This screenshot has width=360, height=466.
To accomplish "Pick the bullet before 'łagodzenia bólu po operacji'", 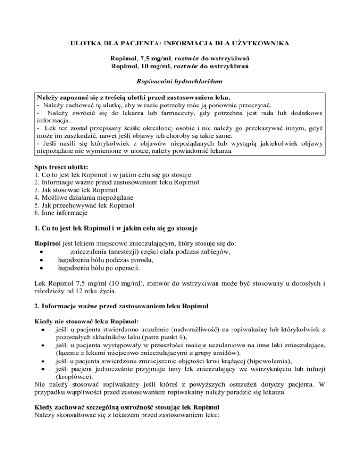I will point(42,269).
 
